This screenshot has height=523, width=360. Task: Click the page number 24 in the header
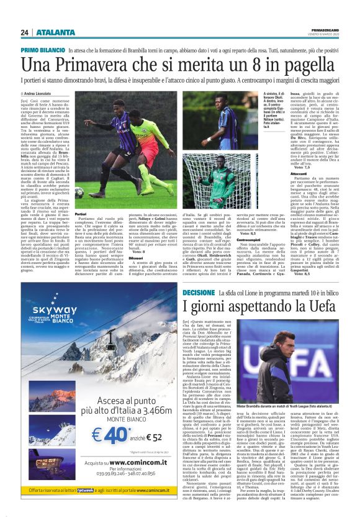[25, 32]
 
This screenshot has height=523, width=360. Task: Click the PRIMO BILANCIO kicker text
[43, 48]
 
